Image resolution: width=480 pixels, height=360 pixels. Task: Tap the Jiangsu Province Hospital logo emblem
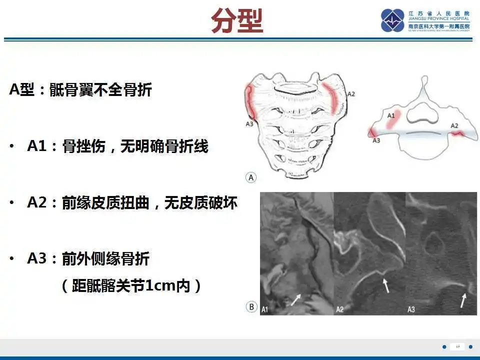[x=392, y=20]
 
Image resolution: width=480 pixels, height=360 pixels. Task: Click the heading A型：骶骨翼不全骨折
[x=80, y=90]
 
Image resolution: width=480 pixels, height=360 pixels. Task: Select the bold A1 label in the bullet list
[x=36, y=146]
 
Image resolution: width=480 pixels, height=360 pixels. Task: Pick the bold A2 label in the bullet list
[x=36, y=202]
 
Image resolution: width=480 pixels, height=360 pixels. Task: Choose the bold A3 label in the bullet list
[x=36, y=258]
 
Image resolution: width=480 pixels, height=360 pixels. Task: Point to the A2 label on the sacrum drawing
[x=351, y=93]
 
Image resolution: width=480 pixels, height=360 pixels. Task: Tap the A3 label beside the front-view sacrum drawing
[x=249, y=123]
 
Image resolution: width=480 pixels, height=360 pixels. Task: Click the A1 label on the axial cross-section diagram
[x=391, y=115]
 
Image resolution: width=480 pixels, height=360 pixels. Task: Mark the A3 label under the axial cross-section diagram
[x=376, y=141]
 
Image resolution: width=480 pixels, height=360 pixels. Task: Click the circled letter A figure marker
[x=251, y=177]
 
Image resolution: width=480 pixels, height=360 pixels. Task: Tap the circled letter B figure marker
[x=251, y=307]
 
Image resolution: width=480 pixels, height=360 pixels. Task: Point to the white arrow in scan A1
[x=296, y=299]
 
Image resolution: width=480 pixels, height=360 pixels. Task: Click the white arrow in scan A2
[x=385, y=285]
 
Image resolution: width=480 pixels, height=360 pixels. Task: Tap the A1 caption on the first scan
[x=265, y=309]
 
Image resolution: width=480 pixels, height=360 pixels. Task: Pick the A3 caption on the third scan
[x=411, y=309]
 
